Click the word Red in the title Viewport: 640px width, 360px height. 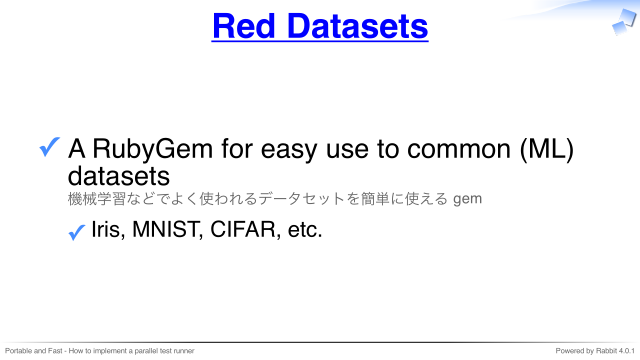point(244,26)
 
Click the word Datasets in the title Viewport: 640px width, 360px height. point(358,26)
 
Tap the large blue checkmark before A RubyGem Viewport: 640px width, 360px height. point(50,147)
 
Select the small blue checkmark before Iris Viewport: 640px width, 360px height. point(77,232)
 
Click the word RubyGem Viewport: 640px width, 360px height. point(153,149)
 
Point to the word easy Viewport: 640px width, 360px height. point(289,150)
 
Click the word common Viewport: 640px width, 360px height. point(459,149)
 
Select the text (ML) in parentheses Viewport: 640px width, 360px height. point(547,149)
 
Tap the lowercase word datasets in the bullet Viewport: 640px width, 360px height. point(118,176)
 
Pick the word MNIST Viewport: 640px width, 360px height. point(167,229)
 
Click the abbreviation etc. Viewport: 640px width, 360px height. point(305,230)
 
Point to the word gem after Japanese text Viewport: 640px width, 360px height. point(467,200)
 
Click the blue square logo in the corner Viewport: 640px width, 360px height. point(624,22)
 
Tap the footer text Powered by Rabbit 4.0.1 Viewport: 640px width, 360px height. point(595,351)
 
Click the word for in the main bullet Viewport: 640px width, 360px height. point(237,149)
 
